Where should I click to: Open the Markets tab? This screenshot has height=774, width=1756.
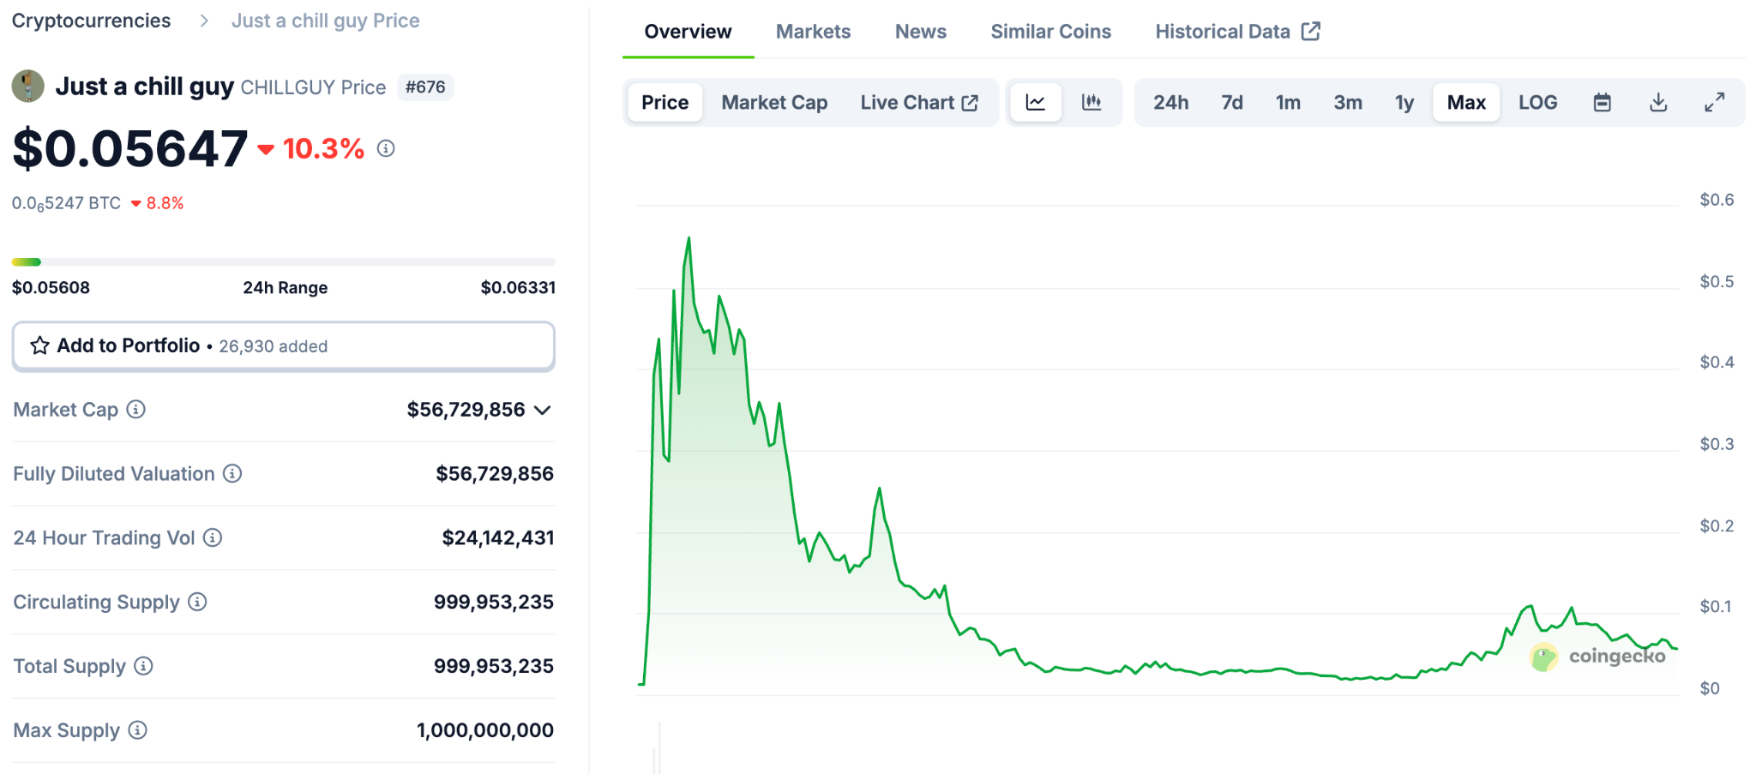point(813,32)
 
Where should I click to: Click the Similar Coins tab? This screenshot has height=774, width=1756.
point(1050,32)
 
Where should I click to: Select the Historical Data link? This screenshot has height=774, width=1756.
point(1236,32)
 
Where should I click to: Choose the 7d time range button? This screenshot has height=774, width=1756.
point(1232,103)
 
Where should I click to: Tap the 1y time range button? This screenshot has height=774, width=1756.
point(1404,103)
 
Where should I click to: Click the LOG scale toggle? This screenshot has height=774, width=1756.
point(1537,103)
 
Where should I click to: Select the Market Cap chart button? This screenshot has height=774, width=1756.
point(774,103)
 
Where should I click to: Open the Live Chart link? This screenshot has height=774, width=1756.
point(918,103)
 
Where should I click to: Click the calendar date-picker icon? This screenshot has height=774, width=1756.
point(1602,103)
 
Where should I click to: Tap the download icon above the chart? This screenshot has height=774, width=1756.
point(1658,103)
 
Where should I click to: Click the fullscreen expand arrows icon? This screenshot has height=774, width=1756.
point(1714,103)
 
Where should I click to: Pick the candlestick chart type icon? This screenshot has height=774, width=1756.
point(1091,103)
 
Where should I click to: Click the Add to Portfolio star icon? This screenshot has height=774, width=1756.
point(39,345)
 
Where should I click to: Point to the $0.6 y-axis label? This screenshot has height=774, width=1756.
point(1717,201)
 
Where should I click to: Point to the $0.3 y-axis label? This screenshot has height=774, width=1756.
point(1717,444)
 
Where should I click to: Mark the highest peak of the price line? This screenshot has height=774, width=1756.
point(689,238)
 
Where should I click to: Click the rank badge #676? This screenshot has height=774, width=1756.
point(425,87)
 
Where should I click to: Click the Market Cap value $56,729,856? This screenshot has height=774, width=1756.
point(466,410)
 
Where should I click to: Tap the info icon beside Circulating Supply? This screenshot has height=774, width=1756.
point(197,602)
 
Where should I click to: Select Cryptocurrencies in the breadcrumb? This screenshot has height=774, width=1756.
point(92,21)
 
